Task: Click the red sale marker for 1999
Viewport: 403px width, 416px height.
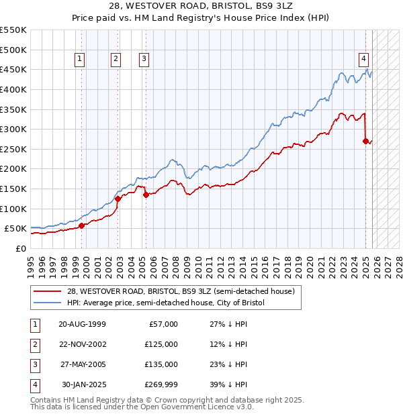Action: point(82,225)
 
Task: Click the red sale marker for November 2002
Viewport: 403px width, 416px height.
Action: point(118,199)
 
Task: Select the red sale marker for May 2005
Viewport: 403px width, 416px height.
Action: point(145,195)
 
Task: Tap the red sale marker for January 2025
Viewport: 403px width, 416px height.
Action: point(365,141)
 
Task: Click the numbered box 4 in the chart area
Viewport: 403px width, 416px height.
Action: point(363,58)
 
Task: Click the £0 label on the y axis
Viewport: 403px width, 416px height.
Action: point(20,248)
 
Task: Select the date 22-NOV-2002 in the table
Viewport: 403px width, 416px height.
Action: point(83,344)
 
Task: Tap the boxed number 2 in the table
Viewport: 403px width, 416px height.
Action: point(34,344)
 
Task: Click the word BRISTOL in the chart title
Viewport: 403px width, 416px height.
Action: point(235,7)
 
